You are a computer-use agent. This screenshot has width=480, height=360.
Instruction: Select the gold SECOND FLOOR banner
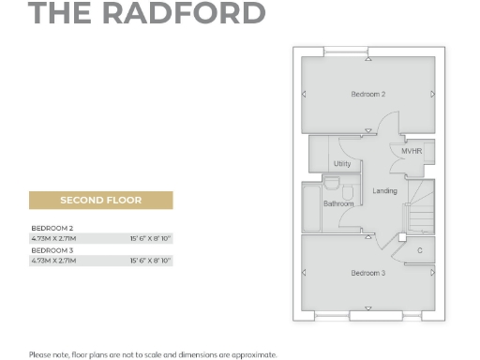(x=101, y=201)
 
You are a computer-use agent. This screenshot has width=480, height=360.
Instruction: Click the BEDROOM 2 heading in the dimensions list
(x=52, y=229)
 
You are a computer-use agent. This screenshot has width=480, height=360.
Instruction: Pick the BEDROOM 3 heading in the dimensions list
(x=52, y=251)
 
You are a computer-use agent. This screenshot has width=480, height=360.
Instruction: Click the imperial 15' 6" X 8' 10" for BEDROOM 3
(x=151, y=262)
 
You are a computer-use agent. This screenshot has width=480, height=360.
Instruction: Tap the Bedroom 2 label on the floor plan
(x=368, y=94)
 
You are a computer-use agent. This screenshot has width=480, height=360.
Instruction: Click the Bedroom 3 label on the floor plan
(x=368, y=272)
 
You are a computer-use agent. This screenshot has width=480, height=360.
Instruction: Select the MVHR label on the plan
(x=412, y=151)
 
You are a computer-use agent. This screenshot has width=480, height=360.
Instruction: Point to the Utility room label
(x=342, y=164)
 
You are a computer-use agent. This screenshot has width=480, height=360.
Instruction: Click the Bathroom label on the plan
(x=338, y=203)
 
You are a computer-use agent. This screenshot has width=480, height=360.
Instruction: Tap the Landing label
(x=384, y=191)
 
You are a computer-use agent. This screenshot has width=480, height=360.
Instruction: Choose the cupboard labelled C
(x=419, y=249)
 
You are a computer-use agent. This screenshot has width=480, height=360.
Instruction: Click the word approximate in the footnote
(x=254, y=353)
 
